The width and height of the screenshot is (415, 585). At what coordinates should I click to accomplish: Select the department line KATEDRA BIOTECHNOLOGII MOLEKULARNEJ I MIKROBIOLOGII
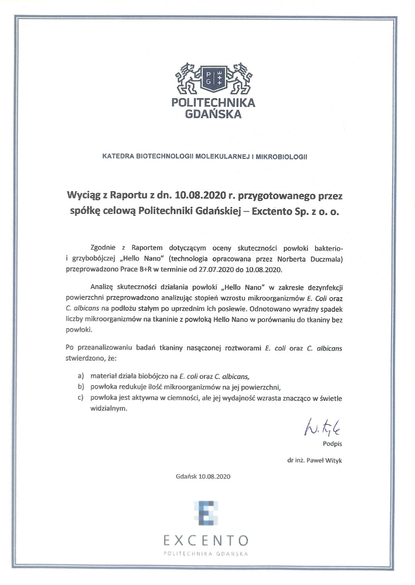coord(204,156)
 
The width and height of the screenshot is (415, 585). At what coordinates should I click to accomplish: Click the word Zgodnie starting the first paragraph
coord(102,248)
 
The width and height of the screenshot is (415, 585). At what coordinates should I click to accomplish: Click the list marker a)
coord(81,377)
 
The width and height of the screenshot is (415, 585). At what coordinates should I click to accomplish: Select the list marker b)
coord(81,388)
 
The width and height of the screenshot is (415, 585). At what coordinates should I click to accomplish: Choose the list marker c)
coord(81,398)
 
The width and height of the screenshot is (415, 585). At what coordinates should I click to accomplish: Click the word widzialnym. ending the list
coord(109,409)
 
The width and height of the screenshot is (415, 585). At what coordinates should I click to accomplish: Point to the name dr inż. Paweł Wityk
coord(315,460)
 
